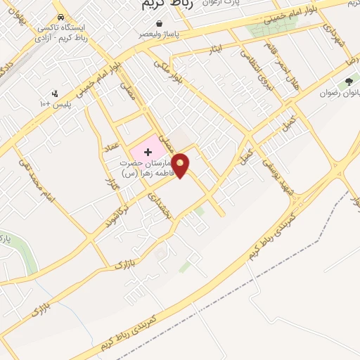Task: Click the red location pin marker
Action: (x=181, y=165)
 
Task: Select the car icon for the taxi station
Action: (x=61, y=18)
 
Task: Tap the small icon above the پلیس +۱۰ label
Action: (x=55, y=93)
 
